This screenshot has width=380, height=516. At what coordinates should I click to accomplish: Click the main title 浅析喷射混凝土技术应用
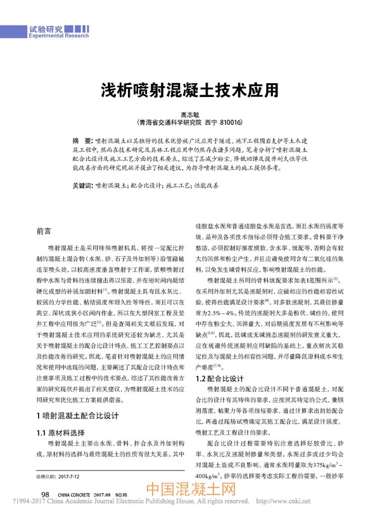pyautogui.click(x=190, y=89)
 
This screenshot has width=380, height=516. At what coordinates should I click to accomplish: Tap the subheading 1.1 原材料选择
pyautogui.click(x=62, y=415)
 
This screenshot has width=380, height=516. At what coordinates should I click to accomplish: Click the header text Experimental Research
pyautogui.click(x=60, y=37)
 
